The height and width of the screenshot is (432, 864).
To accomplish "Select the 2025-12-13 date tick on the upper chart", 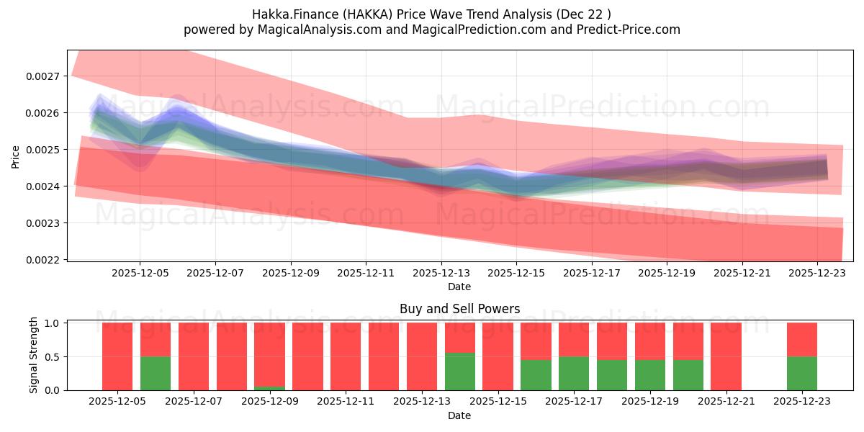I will pyautogui.click(x=441, y=274).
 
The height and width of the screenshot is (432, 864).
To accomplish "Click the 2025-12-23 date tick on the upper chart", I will pyautogui.click(x=817, y=274).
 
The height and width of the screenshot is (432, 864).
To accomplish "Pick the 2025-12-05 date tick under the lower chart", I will pyautogui.click(x=117, y=402).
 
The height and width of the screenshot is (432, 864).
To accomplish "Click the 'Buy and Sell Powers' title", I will pyautogui.click(x=459, y=309).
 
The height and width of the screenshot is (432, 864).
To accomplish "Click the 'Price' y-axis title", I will pyautogui.click(x=16, y=156).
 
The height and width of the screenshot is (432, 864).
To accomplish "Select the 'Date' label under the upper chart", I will pyautogui.click(x=459, y=287).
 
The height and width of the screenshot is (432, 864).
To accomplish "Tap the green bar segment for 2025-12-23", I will pyautogui.click(x=802, y=373).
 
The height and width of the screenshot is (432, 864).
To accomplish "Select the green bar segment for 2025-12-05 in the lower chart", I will pyautogui.click(x=156, y=373).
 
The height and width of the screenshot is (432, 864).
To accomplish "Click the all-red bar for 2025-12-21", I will pyautogui.click(x=726, y=356).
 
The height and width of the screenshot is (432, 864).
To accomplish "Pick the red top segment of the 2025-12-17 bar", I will pyautogui.click(x=574, y=339).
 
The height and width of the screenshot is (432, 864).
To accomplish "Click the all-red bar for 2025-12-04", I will pyautogui.click(x=117, y=356).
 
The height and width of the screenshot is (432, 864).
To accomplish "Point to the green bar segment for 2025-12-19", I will pyautogui.click(x=650, y=374).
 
